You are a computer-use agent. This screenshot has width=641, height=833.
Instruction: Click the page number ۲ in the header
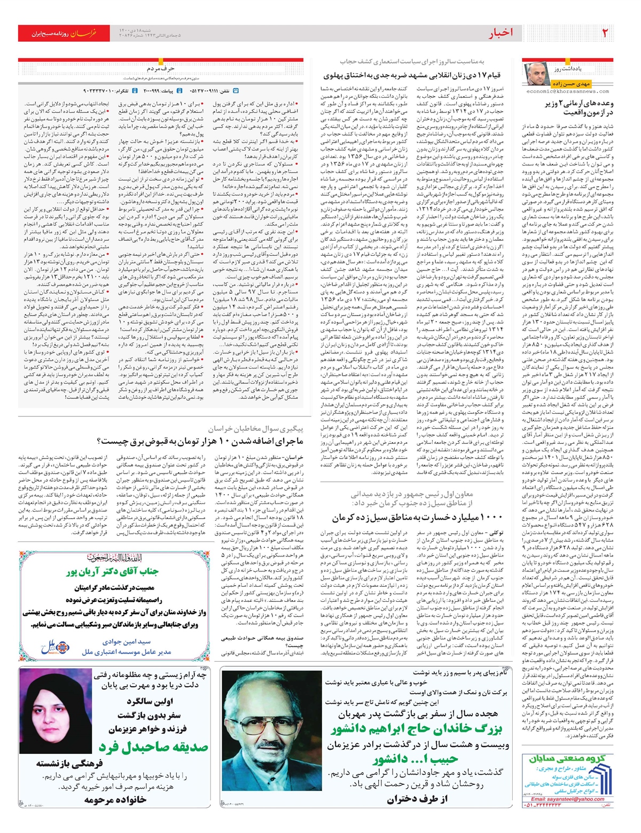[605, 33]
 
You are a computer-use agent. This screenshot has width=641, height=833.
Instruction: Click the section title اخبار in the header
[501, 33]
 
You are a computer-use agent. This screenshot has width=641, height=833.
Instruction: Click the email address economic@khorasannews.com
[568, 91]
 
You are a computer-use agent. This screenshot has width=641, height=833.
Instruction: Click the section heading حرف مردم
[161, 68]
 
